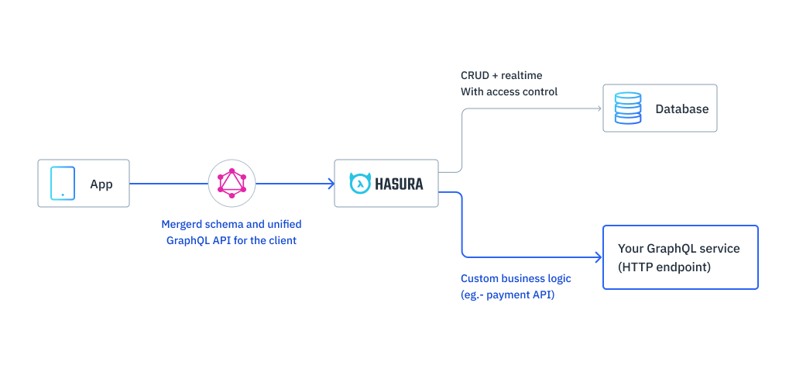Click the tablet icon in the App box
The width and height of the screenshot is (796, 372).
[63, 183]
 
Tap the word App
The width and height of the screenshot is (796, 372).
[101, 184]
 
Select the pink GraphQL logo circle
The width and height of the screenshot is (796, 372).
[232, 184]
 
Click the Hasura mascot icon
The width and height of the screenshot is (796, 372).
[359, 183]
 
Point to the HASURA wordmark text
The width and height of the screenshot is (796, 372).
[399, 184]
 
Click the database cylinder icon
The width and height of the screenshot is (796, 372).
[627, 108]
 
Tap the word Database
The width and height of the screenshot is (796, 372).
[681, 109]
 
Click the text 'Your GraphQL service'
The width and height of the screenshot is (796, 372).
[678, 249]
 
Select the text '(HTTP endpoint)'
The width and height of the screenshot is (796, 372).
[664, 267]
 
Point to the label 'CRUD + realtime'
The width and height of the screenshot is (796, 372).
[501, 75]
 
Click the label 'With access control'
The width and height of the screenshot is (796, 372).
[509, 91]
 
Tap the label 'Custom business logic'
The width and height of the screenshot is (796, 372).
[516, 278]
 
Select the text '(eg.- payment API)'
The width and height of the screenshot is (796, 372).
[507, 294]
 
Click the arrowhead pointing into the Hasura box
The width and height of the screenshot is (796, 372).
[330, 184]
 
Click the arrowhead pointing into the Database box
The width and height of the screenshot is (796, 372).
[599, 108]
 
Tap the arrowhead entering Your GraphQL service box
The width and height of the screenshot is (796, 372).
[599, 257]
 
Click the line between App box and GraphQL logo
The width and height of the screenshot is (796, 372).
[168, 184]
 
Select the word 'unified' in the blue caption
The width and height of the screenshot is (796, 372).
[283, 224]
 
